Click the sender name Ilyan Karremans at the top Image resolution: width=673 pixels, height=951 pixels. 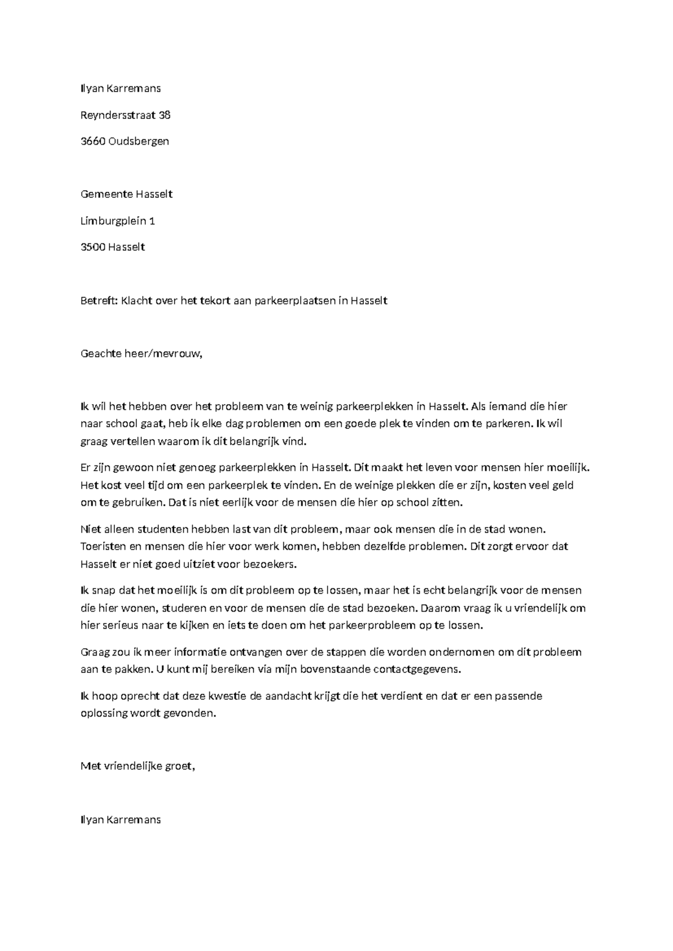(121, 89)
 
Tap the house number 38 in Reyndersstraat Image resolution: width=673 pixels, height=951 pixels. (164, 115)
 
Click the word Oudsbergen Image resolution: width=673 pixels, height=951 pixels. (139, 141)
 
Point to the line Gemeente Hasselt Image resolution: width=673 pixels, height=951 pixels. (126, 194)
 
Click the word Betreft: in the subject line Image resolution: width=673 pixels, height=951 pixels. (99, 301)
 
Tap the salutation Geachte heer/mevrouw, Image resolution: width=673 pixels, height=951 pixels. (141, 354)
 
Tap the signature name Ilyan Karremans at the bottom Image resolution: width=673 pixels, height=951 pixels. (121, 820)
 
